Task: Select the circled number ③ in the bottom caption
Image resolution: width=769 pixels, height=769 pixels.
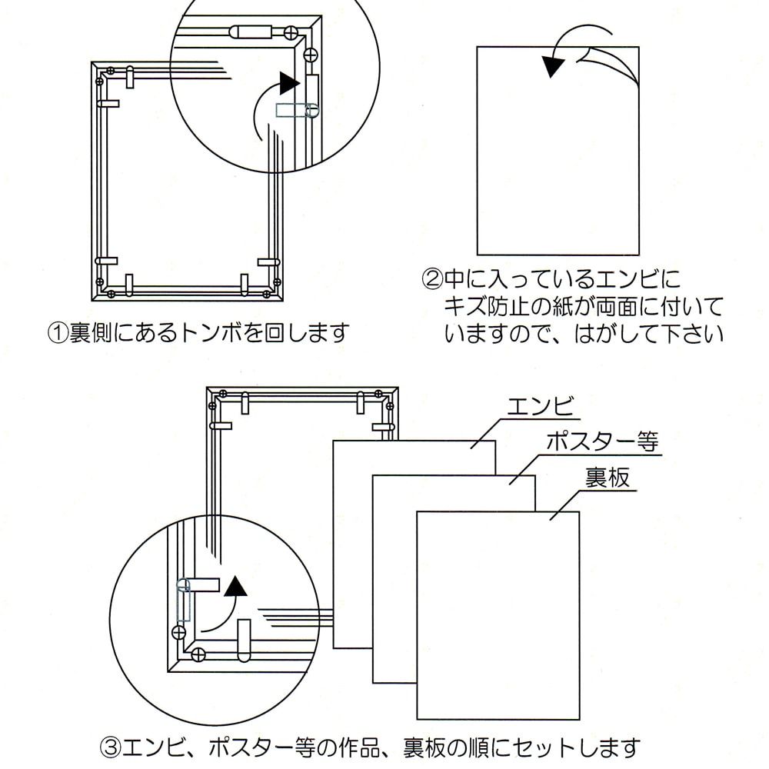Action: (110, 746)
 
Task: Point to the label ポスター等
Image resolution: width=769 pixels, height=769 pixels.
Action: (602, 442)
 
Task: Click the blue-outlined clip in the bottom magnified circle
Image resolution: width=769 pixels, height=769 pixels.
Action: (183, 600)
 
